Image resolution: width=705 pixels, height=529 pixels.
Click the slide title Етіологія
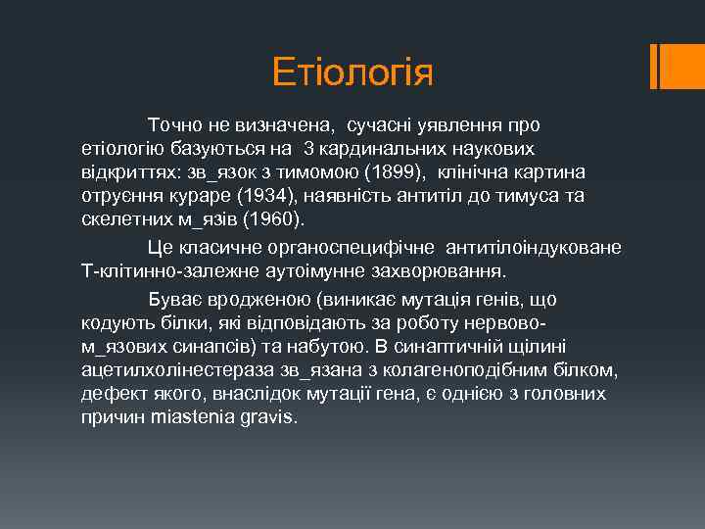(x=352, y=72)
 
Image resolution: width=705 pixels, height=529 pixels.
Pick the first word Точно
(x=174, y=125)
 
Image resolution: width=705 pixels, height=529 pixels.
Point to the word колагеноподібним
(x=470, y=369)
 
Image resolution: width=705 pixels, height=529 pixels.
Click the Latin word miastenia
(x=193, y=416)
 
